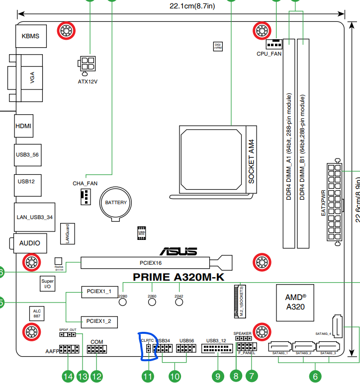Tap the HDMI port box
pos(23,126)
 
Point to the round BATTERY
pos(115,203)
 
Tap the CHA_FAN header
pos(85,197)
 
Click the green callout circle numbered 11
pos(148,376)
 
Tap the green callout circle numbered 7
pos(252,376)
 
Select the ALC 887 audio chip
pos(37,313)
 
